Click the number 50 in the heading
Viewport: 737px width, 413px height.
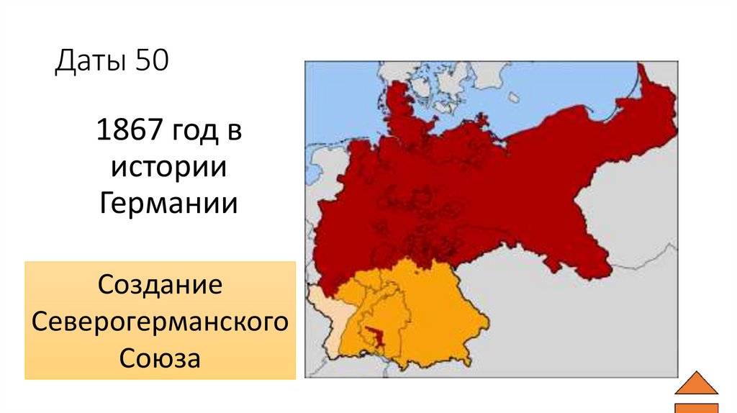click(x=150, y=62)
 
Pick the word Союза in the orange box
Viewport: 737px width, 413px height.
click(x=160, y=356)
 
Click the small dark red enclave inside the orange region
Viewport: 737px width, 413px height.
click(x=374, y=334)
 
